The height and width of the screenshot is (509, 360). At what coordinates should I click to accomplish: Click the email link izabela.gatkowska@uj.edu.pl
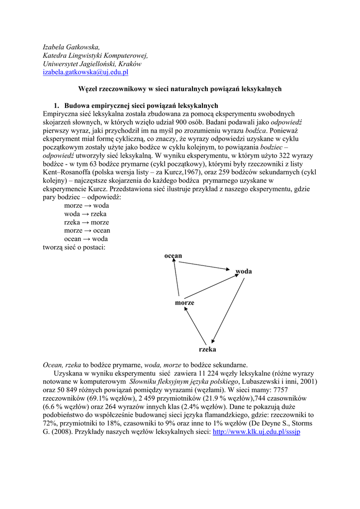tap(86, 72)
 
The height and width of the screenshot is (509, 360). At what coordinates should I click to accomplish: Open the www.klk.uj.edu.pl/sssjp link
tap(257, 432)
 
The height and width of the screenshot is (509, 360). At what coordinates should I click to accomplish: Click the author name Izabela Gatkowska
tap(71, 47)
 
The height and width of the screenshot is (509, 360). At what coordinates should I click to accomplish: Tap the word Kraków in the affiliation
tap(130, 64)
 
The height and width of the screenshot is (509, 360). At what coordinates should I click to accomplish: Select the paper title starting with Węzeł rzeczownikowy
tap(180, 89)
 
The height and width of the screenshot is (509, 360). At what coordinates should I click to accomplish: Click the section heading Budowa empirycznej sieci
tap(141, 105)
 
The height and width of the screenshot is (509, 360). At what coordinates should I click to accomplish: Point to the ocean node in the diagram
tap(173, 255)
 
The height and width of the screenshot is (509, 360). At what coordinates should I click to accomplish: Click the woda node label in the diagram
tap(244, 271)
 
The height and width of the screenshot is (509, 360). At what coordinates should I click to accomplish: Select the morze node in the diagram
tap(184, 303)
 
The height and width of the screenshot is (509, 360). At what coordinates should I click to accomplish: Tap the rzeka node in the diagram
tap(207, 349)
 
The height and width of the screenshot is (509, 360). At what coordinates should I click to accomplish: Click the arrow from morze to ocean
tap(176, 278)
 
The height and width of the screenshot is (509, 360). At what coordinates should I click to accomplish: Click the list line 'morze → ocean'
tap(87, 231)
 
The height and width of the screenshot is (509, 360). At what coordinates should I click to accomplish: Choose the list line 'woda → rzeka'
tap(85, 214)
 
